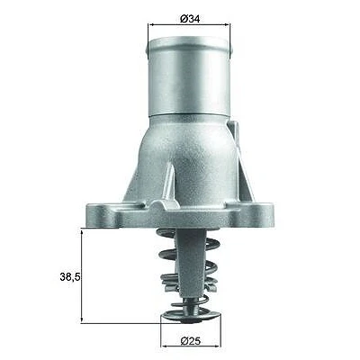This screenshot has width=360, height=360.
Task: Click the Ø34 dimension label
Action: pyautogui.click(x=190, y=19)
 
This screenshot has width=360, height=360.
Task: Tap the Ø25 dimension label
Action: pyautogui.click(x=191, y=341)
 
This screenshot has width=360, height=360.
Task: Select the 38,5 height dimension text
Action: pyautogui.click(x=70, y=277)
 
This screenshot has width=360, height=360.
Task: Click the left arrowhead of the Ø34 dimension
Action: pyautogui.click(x=151, y=25)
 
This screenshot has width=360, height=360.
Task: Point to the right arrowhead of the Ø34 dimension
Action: pyautogui.click(x=227, y=25)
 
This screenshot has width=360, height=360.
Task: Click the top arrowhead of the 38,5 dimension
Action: pyautogui.click(x=82, y=231)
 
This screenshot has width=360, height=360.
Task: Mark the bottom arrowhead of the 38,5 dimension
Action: pyautogui.click(x=82, y=319)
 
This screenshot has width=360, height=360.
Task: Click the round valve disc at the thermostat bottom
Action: pyautogui.click(x=191, y=317)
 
